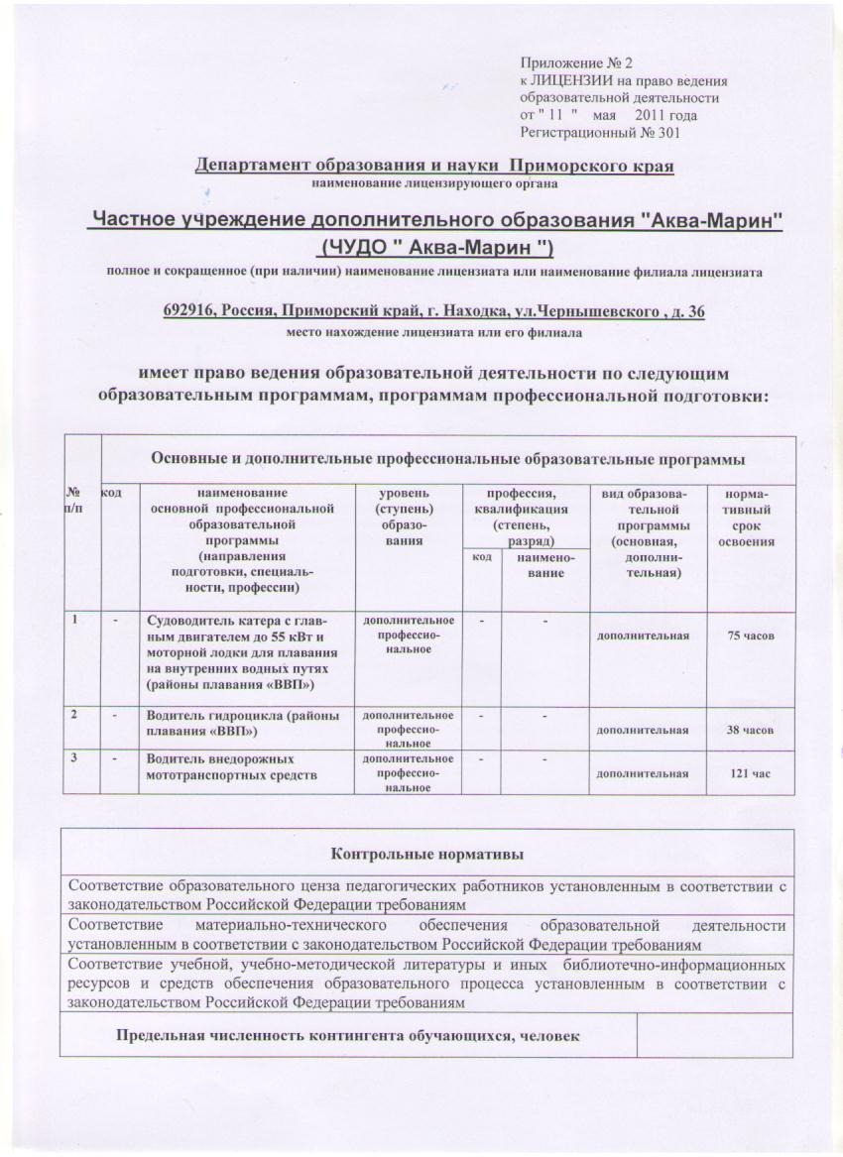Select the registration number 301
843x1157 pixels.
click(670, 132)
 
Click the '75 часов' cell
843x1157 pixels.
click(751, 634)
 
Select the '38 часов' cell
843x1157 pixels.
click(751, 730)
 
